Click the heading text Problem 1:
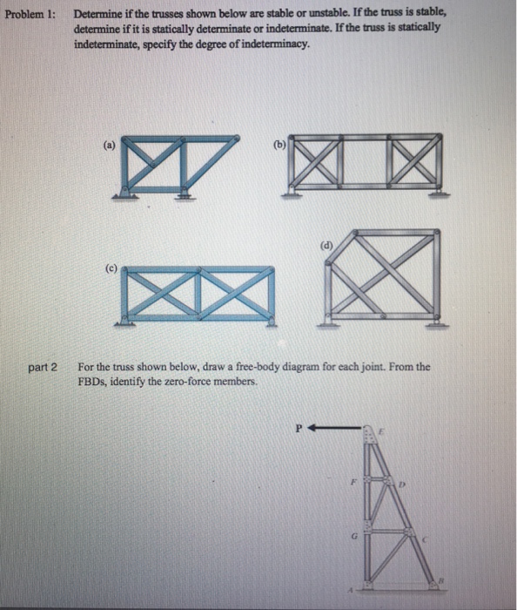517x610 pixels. tap(28, 16)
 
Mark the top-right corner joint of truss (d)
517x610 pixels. tap(435, 233)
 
